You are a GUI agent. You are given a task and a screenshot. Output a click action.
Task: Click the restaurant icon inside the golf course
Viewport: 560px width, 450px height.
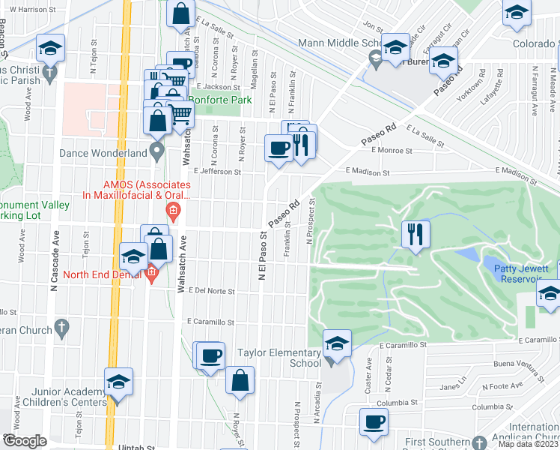coord(414,234)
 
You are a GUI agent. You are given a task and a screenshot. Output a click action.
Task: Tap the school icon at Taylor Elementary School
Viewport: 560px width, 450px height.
coord(337,344)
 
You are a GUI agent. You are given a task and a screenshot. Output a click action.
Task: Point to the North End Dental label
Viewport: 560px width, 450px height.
coord(103,274)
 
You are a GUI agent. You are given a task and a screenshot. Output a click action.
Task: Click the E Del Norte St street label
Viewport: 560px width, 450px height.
coord(212,290)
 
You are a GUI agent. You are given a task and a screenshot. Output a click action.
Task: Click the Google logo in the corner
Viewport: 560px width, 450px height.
coord(25,441)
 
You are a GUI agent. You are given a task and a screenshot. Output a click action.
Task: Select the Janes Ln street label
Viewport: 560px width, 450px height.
coord(450,387)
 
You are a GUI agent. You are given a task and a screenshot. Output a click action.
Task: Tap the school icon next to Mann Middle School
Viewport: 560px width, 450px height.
coord(395,46)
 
